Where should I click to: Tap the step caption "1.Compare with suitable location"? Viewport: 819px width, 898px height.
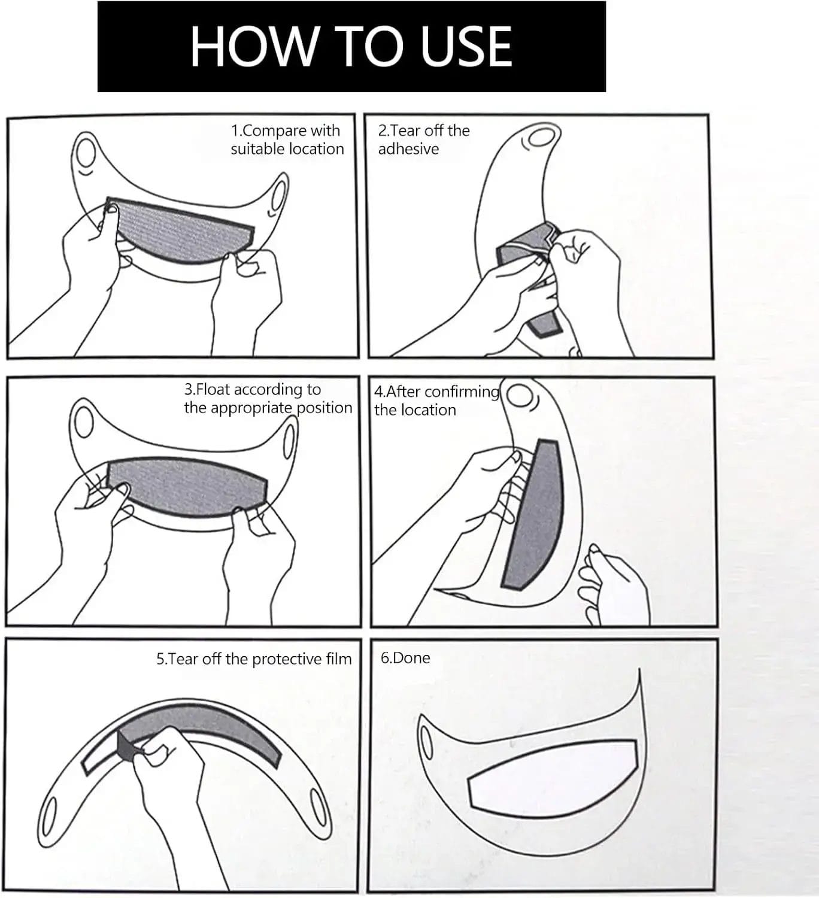click(x=287, y=139)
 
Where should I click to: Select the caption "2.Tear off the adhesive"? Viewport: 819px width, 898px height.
click(x=424, y=139)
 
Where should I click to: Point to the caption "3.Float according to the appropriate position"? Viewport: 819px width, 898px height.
click(x=268, y=399)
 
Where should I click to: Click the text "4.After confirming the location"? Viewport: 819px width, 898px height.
click(x=436, y=401)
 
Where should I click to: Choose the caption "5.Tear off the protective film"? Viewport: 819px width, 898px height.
click(x=254, y=659)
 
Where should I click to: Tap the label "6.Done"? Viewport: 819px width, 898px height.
click(x=405, y=657)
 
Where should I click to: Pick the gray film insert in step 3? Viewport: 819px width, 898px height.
click(x=186, y=487)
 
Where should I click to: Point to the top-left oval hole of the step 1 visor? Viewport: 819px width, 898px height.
click(x=85, y=153)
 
